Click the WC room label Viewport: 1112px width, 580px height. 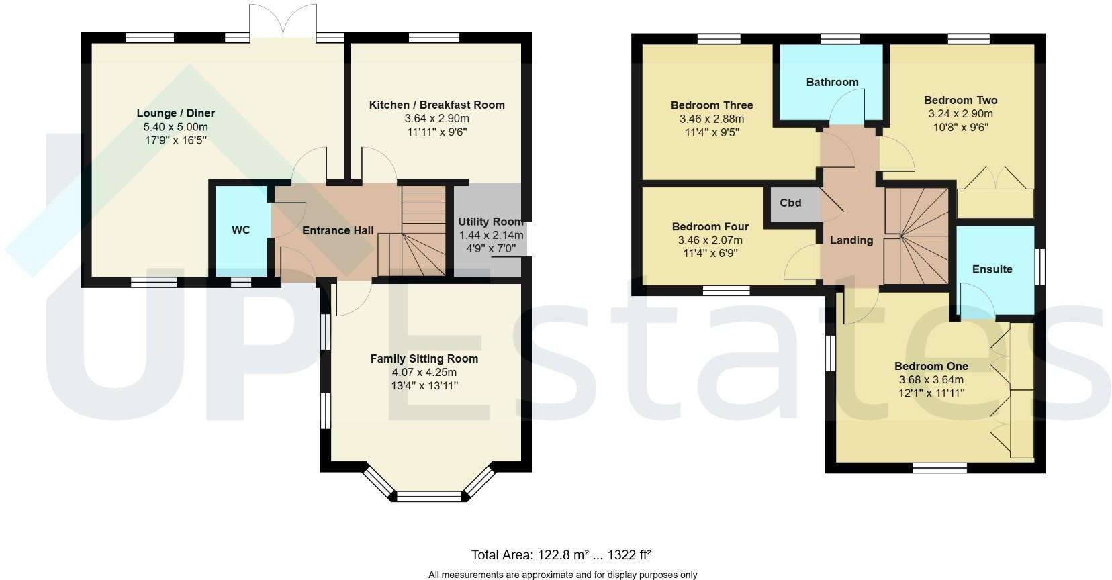tap(240, 230)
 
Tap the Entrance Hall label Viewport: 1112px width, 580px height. tap(338, 231)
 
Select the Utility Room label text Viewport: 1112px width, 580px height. tap(490, 222)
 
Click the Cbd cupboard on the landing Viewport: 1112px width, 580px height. tap(791, 203)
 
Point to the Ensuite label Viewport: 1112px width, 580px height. tap(992, 269)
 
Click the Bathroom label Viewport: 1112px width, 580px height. tap(832, 82)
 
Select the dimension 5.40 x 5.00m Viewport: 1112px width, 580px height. tap(176, 127)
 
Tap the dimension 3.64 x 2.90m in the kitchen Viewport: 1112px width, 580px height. tap(436, 118)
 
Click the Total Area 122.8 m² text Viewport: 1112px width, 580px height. tap(561, 555)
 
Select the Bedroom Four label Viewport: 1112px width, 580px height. tap(710, 227)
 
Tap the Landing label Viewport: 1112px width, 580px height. tap(851, 240)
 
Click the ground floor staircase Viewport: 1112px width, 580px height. tap(413, 232)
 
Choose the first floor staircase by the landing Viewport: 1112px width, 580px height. tap(916, 236)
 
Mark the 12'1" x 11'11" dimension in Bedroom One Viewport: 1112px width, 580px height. tap(931, 393)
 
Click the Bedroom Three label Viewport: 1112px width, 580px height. tap(712, 105)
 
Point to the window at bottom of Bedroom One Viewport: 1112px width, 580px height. tap(939, 468)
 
